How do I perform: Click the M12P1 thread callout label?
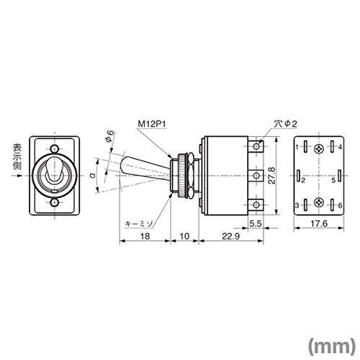click(x=152, y=124)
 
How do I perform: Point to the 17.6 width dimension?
click(x=319, y=224)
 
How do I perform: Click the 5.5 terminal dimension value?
click(x=255, y=224)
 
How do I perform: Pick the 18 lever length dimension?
click(x=145, y=236)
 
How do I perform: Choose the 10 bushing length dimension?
click(x=184, y=236)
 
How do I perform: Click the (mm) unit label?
click(x=331, y=346)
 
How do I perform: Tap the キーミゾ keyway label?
click(x=139, y=224)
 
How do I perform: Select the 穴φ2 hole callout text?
click(x=285, y=124)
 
